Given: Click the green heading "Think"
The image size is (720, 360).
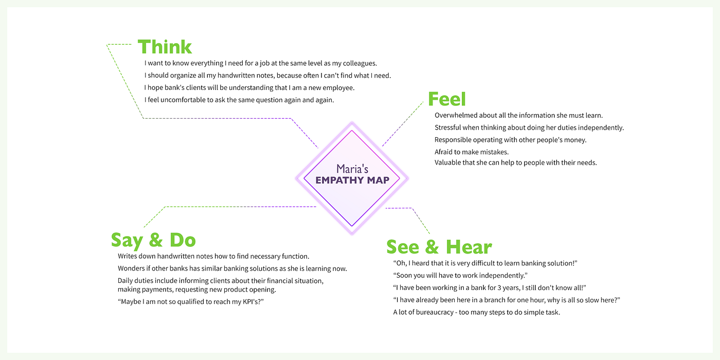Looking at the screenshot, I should [x=165, y=47].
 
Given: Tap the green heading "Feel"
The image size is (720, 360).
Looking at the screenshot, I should [x=446, y=99].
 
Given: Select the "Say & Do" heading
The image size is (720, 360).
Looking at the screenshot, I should [x=153, y=240].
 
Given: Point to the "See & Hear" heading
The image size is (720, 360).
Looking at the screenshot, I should [x=439, y=247].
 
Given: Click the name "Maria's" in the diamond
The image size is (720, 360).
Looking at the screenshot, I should [x=352, y=169].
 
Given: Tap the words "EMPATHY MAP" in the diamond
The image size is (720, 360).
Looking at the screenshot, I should [x=352, y=180].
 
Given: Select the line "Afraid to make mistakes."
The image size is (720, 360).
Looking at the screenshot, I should [x=472, y=152].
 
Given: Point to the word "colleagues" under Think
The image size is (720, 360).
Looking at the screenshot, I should [x=359, y=63].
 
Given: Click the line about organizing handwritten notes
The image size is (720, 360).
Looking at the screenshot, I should [x=267, y=76].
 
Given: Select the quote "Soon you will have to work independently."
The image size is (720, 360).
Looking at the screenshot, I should [x=460, y=276].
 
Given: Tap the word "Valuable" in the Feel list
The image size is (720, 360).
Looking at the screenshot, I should [x=449, y=163].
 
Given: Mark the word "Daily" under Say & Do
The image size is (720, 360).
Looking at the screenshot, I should [x=127, y=281].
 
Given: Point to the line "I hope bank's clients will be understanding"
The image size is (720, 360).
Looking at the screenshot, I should [x=249, y=88].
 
